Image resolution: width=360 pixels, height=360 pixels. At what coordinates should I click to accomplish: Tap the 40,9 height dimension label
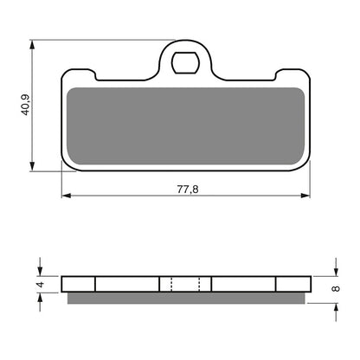pos(26,105)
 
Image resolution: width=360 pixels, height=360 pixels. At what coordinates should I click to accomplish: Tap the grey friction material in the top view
pos(185,125)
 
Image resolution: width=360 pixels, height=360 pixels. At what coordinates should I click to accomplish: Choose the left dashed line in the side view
pos(173,284)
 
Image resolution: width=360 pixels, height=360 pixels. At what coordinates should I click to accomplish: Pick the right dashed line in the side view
pos(198,284)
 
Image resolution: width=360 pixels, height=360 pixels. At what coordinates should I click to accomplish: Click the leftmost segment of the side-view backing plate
pos(79,284)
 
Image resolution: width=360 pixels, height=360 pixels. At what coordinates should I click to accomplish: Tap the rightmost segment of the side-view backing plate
pos(292,284)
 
